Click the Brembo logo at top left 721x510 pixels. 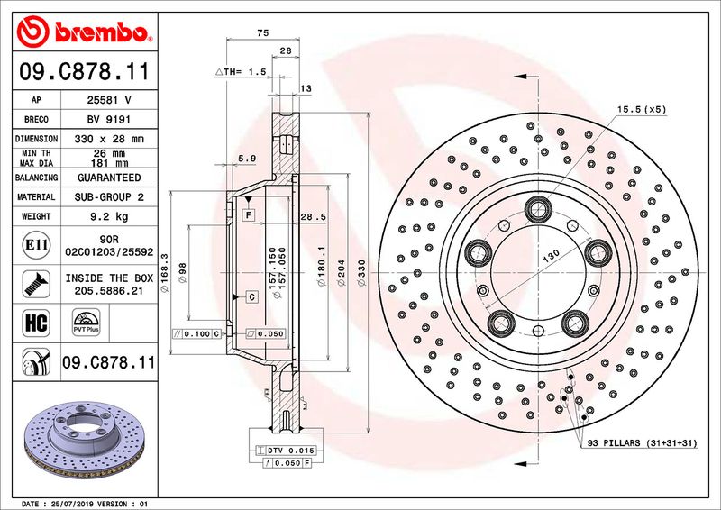[x=81, y=32]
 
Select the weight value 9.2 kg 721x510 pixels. [x=107, y=217]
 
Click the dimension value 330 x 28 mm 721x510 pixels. [x=107, y=139]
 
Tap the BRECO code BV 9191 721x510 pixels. [x=107, y=119]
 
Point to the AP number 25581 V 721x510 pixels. [x=107, y=99]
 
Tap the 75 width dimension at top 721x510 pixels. [x=263, y=32]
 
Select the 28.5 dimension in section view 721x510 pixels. [x=312, y=217]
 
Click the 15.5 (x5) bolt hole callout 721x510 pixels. [x=641, y=109]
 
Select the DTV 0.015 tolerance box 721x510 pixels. [x=287, y=449]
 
